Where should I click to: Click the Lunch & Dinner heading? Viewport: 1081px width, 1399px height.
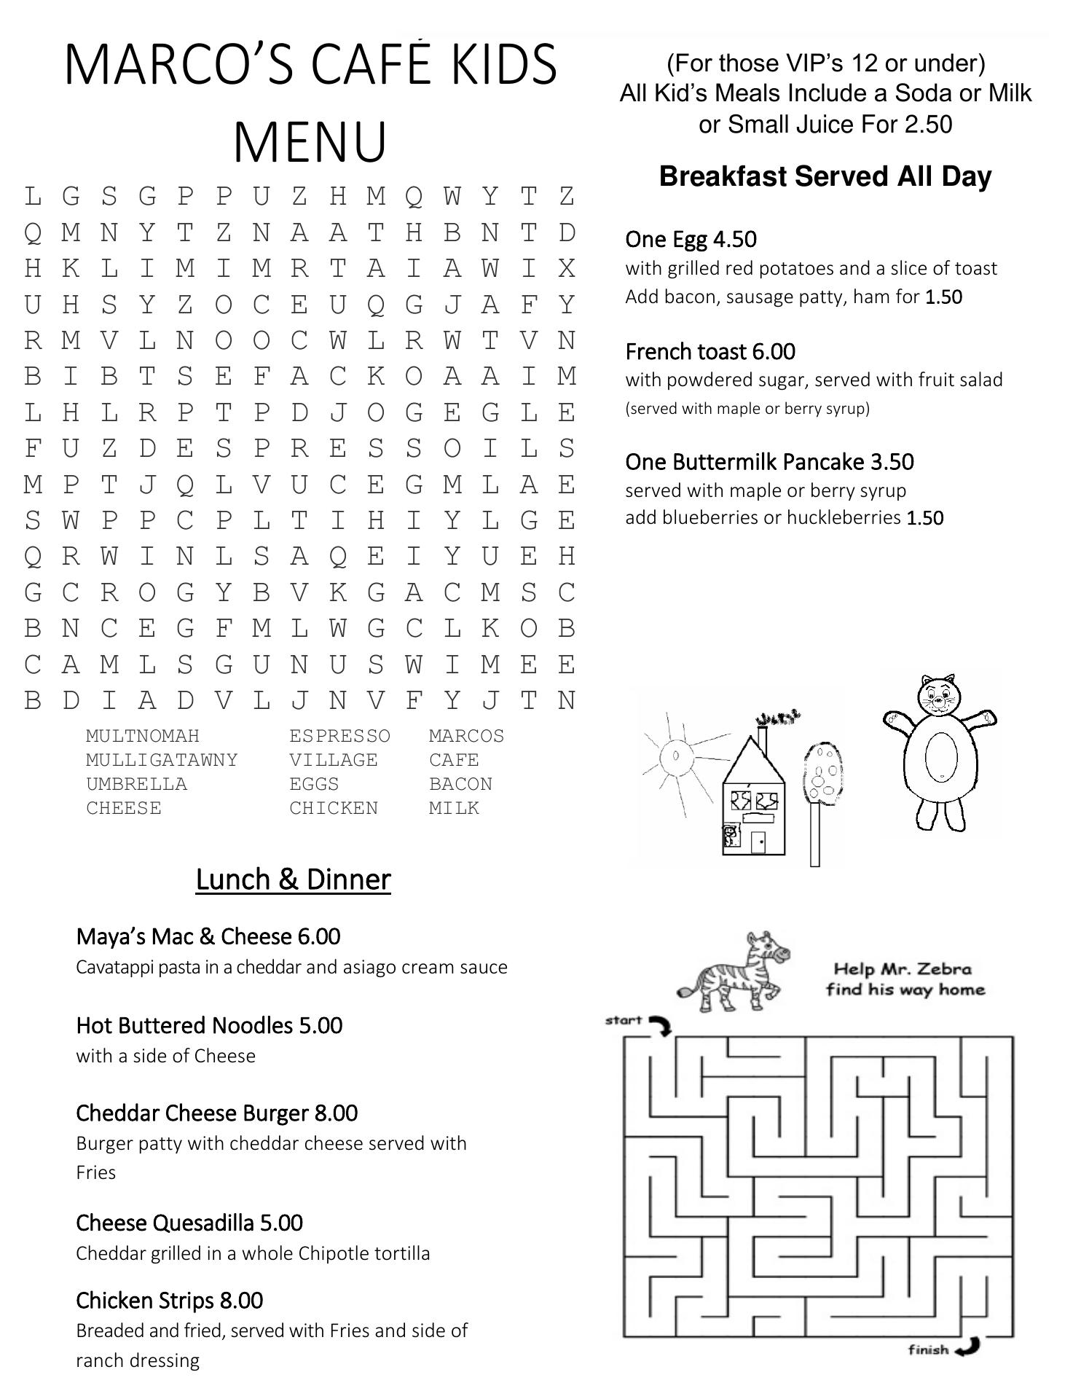[293, 879]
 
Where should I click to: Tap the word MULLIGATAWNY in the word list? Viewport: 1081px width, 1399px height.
[162, 760]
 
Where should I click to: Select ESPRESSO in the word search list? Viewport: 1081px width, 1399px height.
[339, 736]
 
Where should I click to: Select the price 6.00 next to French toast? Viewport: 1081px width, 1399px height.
[774, 352]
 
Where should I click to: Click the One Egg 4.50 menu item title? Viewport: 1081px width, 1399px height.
[691, 239]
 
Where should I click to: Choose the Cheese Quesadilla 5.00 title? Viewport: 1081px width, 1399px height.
[189, 1223]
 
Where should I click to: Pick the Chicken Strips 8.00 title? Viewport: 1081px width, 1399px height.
[170, 1300]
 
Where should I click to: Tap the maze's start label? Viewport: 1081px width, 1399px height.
[624, 1020]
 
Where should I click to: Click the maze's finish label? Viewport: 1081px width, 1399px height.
[928, 1350]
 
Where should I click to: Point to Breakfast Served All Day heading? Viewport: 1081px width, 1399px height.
[825, 176]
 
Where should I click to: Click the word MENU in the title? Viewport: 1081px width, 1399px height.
[310, 141]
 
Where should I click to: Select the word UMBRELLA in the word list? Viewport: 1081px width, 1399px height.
[136, 784]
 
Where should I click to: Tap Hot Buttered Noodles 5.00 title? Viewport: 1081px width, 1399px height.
[209, 1025]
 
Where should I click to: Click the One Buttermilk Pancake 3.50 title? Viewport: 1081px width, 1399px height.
[769, 462]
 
